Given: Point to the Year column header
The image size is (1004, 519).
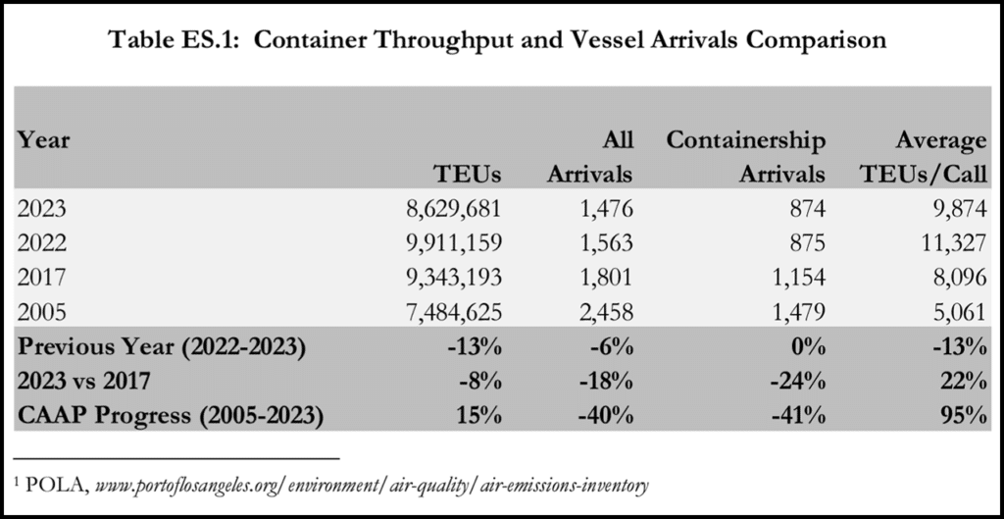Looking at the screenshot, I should click(x=43, y=140).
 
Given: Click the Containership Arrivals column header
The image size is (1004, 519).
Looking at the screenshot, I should click(x=746, y=157).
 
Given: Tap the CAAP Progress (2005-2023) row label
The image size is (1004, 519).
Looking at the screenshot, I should click(x=172, y=415).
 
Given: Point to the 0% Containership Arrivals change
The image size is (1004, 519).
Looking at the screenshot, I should click(x=809, y=348).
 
